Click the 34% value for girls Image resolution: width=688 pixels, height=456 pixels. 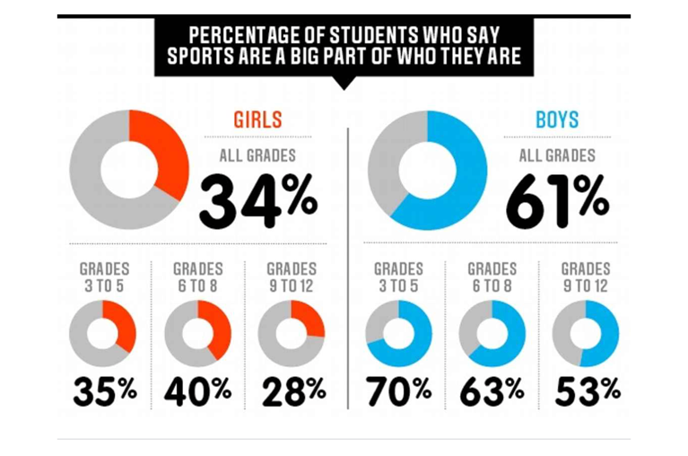[257, 199]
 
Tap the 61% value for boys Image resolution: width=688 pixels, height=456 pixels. [557, 199]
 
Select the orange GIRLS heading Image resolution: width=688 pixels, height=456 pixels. [257, 119]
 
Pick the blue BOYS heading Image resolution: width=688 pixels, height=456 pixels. [557, 119]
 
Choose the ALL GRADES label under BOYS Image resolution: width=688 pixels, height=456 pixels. [557, 155]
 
